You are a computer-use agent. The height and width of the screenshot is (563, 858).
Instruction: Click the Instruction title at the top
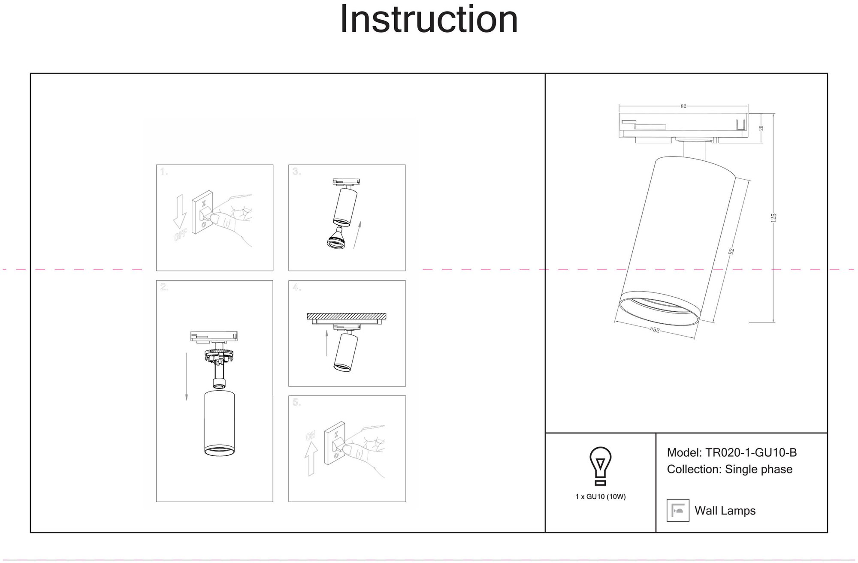429,19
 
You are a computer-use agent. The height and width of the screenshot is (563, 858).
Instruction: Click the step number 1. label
164,172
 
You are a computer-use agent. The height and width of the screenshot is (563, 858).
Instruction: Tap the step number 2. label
164,287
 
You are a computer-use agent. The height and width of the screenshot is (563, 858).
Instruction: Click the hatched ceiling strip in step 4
346,316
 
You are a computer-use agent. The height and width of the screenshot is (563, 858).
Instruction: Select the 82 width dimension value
683,106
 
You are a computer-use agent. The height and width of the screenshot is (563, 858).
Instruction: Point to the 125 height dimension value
773,218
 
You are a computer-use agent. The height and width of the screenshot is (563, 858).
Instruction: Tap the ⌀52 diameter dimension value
654,330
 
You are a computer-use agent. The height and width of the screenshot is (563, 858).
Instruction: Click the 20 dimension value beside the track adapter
761,128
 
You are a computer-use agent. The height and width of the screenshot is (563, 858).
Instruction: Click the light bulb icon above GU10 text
601,466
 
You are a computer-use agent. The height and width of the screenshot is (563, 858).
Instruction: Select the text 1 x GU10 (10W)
601,497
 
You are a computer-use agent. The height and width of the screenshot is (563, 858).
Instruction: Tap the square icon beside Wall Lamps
678,510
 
